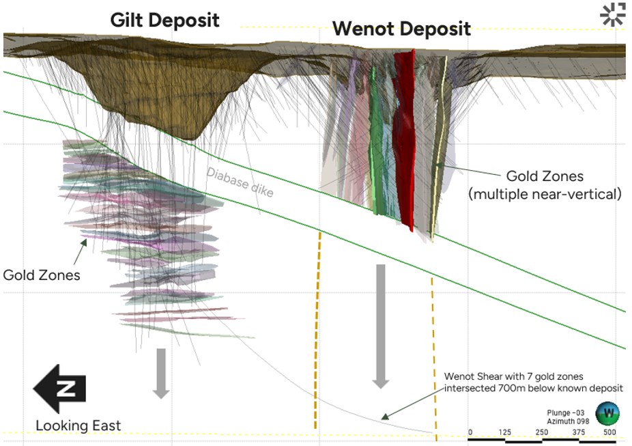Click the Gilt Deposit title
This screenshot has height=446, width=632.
(x=164, y=19)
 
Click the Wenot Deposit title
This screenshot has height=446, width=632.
(x=401, y=29)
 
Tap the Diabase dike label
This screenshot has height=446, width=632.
(x=240, y=182)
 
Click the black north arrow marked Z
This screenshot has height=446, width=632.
(x=59, y=389)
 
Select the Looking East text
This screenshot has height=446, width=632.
(x=78, y=426)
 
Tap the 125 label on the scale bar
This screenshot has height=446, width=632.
(x=506, y=432)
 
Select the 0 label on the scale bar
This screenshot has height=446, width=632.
(x=470, y=432)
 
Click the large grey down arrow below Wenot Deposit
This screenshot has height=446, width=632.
(x=381, y=325)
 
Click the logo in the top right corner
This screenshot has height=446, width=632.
(x=612, y=14)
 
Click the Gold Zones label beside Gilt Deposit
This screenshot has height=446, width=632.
(x=42, y=275)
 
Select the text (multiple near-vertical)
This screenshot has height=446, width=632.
(x=545, y=194)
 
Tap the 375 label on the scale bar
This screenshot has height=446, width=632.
(x=578, y=432)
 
